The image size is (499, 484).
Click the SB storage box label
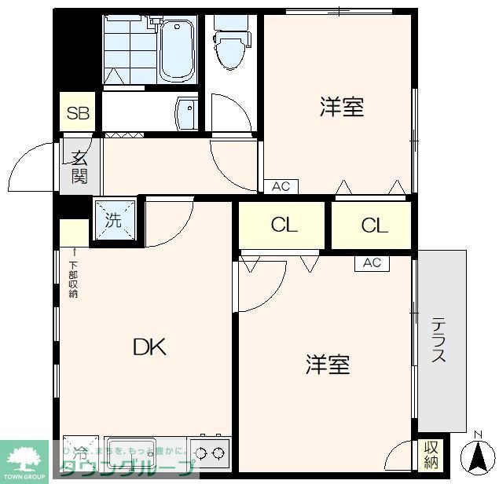(x=78, y=113)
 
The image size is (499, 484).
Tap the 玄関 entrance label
(x=79, y=166)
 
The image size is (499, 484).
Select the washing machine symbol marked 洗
(x=115, y=219)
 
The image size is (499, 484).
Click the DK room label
(x=149, y=346)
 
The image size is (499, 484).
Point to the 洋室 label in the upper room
(x=342, y=108)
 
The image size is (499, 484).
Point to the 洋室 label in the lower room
(x=328, y=364)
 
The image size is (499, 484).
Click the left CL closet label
(x=284, y=225)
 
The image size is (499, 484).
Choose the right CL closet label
(x=374, y=225)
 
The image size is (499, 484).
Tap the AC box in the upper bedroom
(x=281, y=186)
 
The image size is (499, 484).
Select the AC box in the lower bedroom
(x=372, y=263)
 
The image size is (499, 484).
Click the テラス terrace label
(x=438, y=339)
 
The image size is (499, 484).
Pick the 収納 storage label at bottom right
(x=431, y=454)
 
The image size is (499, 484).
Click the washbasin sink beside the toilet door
(x=187, y=114)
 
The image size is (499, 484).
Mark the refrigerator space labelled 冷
(x=80, y=453)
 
